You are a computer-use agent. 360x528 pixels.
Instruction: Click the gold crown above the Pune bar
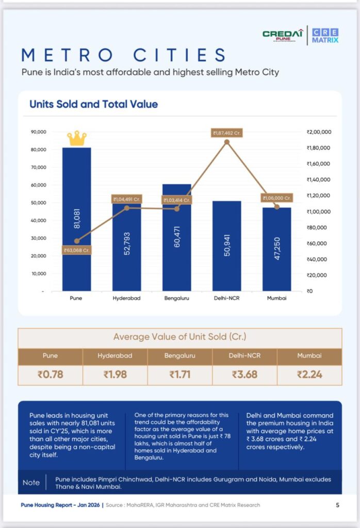pyautogui.click(x=76, y=138)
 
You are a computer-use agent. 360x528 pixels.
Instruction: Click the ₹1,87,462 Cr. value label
pyautogui.click(x=226, y=133)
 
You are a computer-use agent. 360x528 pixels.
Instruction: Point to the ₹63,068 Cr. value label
pyautogui.click(x=77, y=251)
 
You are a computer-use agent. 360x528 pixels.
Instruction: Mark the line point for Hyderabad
pyautogui.click(x=127, y=208)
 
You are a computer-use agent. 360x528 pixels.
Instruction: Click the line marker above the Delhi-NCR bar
pyautogui.click(x=226, y=142)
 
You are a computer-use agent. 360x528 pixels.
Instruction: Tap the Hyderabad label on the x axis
pyautogui.click(x=126, y=298)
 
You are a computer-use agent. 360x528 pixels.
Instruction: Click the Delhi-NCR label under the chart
pyautogui.click(x=226, y=298)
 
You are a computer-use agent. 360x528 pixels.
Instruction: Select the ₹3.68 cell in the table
pyautogui.click(x=244, y=374)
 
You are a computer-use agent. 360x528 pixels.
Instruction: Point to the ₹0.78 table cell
pyautogui.click(x=50, y=374)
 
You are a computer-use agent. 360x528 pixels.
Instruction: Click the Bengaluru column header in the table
pyautogui.click(x=179, y=356)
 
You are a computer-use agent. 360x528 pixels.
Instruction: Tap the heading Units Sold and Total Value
pyautogui.click(x=93, y=104)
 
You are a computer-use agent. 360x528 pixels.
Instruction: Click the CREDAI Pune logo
pyautogui.click(x=282, y=35)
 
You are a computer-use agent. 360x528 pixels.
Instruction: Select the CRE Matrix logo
pyautogui.click(x=325, y=35)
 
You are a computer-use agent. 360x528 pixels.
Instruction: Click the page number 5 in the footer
pyautogui.click(x=337, y=505)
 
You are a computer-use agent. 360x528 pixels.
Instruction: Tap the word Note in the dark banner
pyautogui.click(x=31, y=482)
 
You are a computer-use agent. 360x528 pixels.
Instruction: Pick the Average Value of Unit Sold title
pyautogui.click(x=179, y=337)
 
